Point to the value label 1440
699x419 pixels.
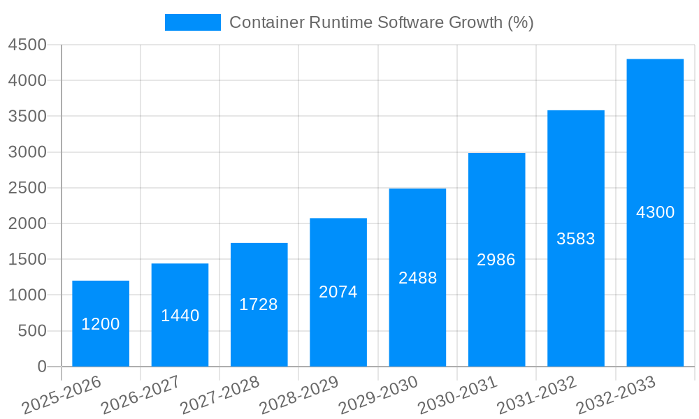click(180, 316)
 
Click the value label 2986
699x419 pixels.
click(496, 260)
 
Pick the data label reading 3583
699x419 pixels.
click(576, 239)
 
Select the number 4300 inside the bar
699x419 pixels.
click(655, 212)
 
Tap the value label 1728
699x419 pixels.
click(259, 304)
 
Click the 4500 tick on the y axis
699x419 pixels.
click(27, 45)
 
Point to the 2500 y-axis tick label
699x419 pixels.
click(27, 189)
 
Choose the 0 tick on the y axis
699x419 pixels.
click(41, 367)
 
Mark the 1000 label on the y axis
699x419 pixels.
click(27, 295)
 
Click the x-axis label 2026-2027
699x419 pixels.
click(140, 395)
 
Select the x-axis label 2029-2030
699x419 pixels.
click(378, 395)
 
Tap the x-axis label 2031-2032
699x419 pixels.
click(537, 395)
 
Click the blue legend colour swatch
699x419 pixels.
click(192, 22)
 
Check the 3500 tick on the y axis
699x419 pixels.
click(27, 117)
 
